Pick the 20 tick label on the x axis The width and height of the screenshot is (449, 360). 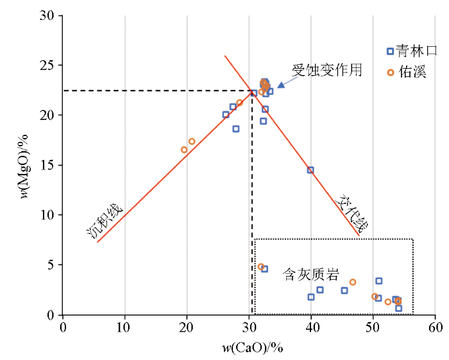pos(187,326)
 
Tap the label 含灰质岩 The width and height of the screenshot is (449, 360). pos(310,275)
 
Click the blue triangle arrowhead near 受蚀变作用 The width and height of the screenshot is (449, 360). pos(280,85)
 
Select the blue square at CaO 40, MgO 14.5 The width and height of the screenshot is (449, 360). pos(310,170)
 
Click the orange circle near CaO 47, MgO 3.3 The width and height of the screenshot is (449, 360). pos(353,282)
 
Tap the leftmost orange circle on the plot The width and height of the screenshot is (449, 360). pos(184,150)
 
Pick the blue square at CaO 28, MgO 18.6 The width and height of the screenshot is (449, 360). pos(236,129)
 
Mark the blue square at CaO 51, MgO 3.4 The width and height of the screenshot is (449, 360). pos(379,281)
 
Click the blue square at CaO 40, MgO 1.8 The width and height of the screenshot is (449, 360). pos(311,297)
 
